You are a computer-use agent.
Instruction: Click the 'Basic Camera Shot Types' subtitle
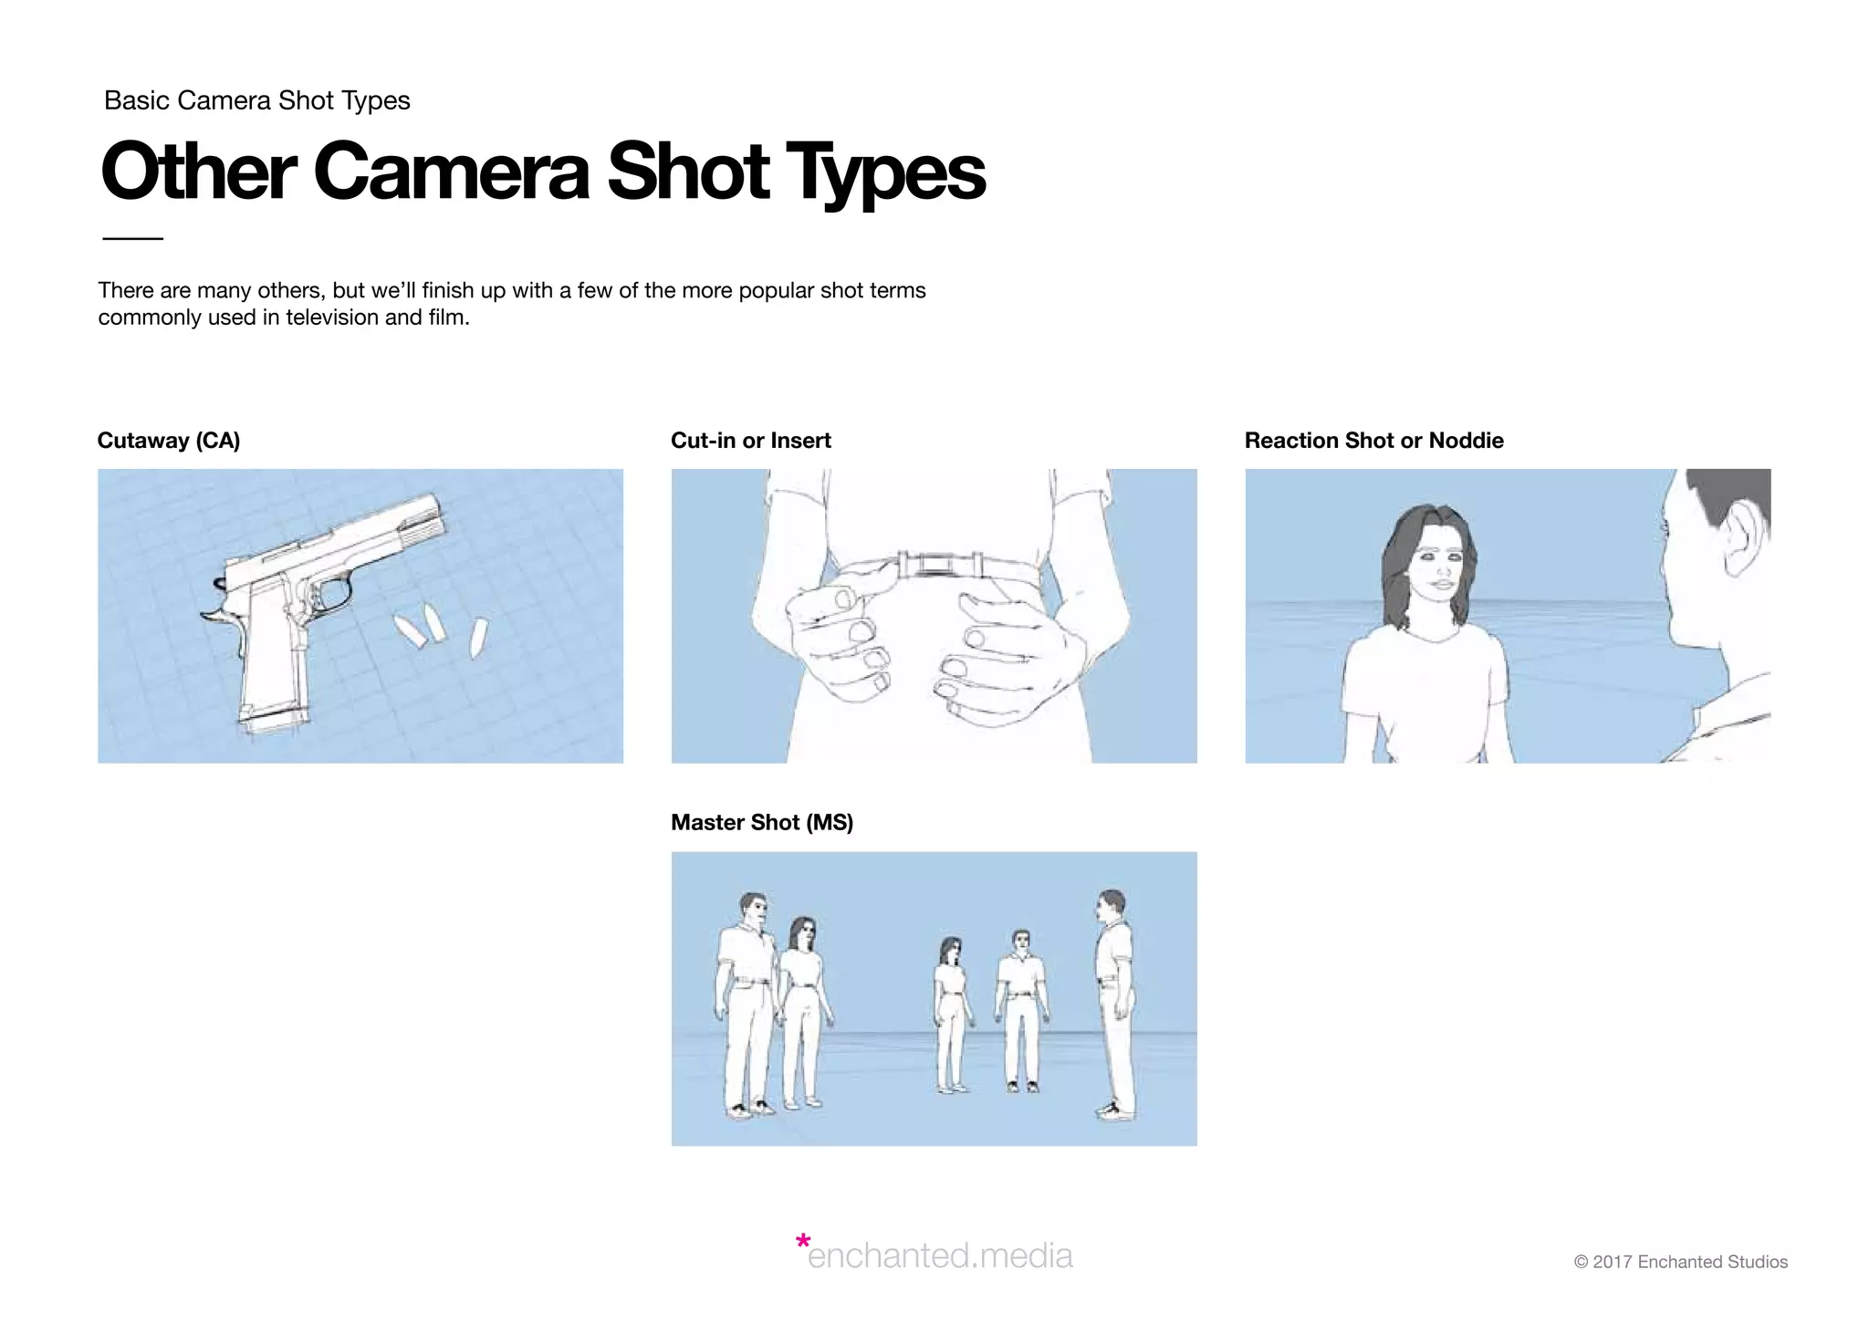[256, 100]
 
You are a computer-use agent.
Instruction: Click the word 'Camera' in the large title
[452, 172]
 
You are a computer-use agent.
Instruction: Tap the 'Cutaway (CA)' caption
[168, 441]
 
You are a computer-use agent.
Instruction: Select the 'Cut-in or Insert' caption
[750, 441]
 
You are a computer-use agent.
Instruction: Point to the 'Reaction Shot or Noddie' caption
[1373, 441]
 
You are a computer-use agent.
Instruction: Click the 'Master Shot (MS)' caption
[761, 823]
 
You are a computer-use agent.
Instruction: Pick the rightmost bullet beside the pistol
[478, 637]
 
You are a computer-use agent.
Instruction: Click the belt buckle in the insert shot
[933, 565]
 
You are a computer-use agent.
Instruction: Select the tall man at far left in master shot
[746, 1004]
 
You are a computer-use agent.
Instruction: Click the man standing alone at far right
[1113, 1004]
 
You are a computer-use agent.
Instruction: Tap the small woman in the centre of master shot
[950, 1013]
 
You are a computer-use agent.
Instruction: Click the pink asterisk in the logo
[802, 1242]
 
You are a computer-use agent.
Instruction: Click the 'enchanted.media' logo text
[940, 1256]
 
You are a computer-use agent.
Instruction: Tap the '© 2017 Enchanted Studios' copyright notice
[1680, 1262]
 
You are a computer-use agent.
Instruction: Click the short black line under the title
[132, 238]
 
